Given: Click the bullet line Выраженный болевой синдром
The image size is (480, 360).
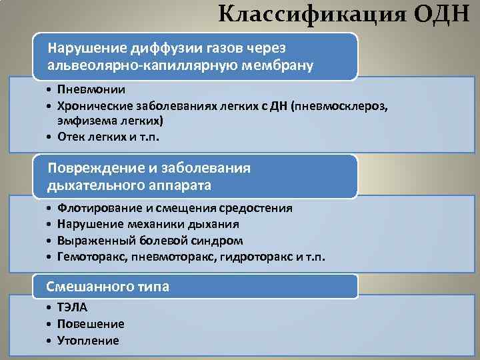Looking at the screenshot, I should click(x=150, y=240).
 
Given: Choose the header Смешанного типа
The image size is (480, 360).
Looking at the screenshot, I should click(x=107, y=287).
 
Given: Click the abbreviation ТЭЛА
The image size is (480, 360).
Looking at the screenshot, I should click(x=73, y=307).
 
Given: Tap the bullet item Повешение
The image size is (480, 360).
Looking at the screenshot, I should click(x=91, y=323).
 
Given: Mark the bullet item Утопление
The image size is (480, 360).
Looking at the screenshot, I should click(x=88, y=340).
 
